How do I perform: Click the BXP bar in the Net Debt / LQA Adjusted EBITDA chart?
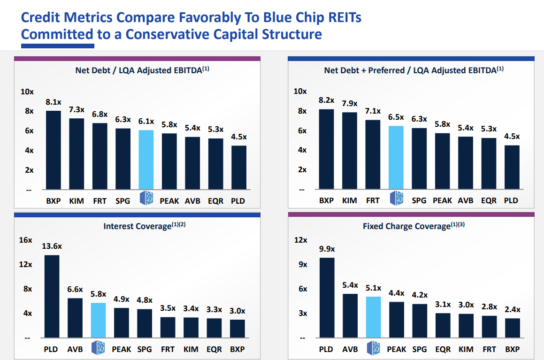click(54, 150)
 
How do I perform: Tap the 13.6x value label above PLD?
click(52, 246)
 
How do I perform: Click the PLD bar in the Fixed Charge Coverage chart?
click(327, 298)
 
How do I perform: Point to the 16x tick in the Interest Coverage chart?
click(25, 240)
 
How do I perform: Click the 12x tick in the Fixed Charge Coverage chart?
click(300, 240)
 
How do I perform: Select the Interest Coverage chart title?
click(145, 226)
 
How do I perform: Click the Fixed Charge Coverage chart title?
click(414, 226)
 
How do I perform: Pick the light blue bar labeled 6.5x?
click(396, 158)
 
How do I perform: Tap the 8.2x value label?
click(326, 100)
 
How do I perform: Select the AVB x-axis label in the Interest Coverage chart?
click(75, 349)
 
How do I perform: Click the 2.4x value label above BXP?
click(513, 309)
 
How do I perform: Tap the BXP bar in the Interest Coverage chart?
click(238, 329)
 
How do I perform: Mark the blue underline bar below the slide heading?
click(58, 46)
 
